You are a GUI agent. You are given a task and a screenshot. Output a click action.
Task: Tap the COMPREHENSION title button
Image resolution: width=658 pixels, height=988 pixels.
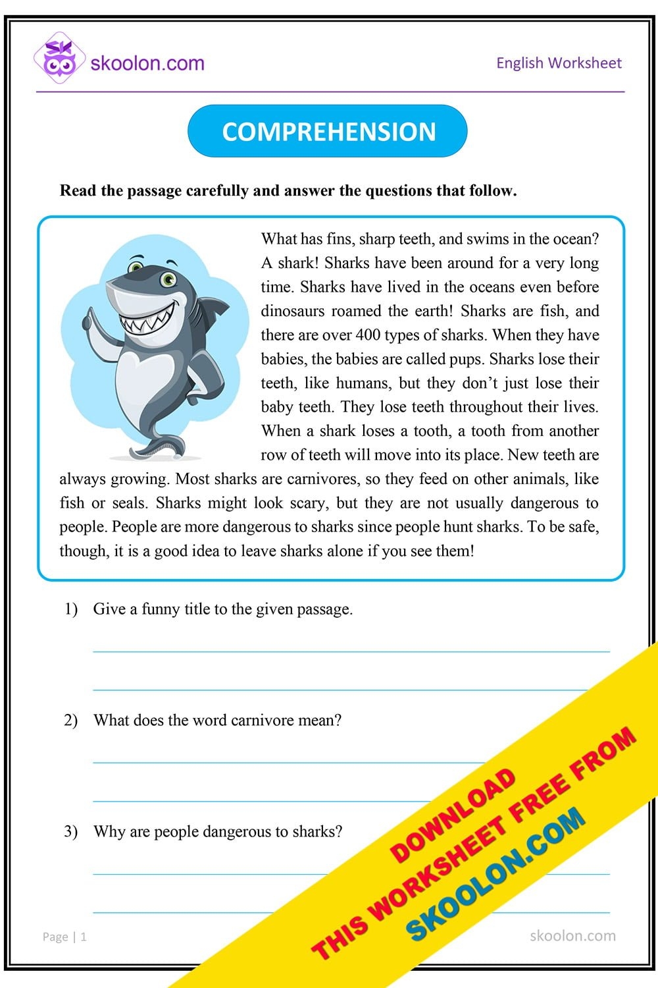point(328,131)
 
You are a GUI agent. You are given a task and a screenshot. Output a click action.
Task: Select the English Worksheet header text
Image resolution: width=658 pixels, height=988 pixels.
point(558,63)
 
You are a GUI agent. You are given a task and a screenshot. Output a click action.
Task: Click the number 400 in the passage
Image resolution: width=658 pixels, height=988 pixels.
point(367,335)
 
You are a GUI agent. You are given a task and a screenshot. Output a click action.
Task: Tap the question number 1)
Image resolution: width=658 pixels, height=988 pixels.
point(70,609)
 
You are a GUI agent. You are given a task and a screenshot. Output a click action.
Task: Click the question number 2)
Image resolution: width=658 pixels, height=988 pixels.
point(70,721)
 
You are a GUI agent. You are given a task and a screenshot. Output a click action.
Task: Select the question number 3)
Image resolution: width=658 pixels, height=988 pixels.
point(70,832)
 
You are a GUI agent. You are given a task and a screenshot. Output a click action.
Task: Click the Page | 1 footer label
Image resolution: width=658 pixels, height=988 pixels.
point(64,937)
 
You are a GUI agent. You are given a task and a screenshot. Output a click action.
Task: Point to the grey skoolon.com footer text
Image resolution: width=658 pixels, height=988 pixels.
point(572,936)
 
